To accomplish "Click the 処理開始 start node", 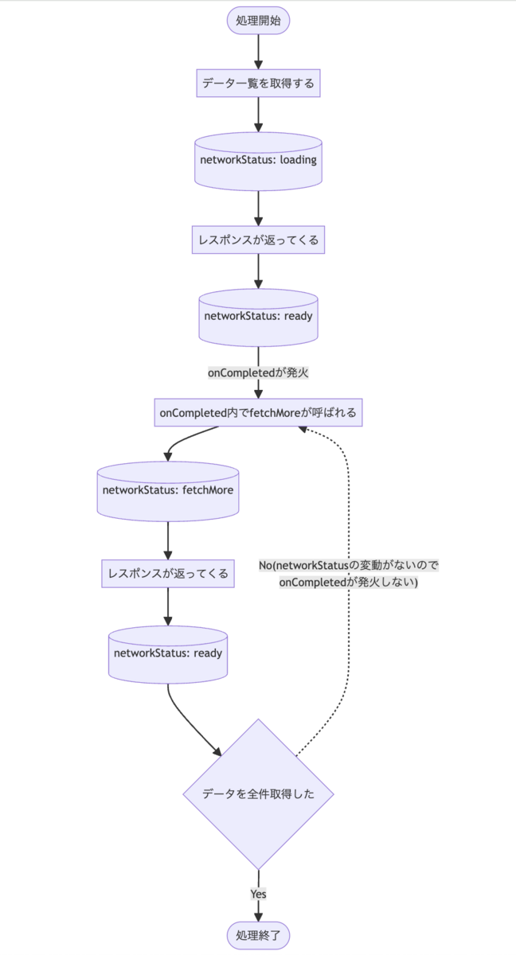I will tap(258, 20).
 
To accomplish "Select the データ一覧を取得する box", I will tap(258, 83).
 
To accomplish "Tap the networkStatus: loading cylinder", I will tap(258, 160).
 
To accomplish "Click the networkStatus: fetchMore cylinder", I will tap(168, 490).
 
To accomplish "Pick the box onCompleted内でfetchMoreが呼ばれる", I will tap(258, 413).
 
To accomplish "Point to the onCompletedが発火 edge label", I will tap(258, 372).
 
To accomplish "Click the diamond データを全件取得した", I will tap(258, 793).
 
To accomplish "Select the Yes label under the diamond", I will tap(258, 894).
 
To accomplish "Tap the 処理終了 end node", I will tap(258, 934).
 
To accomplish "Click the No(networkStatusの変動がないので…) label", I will tap(349, 574).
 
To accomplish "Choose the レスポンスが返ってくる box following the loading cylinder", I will tap(258, 239).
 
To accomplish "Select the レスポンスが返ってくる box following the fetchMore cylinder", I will tap(168, 573).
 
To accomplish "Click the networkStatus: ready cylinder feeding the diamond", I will tap(168, 653).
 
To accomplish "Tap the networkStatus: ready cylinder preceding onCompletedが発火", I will tap(258, 315).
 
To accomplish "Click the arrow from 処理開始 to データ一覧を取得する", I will tap(258, 52).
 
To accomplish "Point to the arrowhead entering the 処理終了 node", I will tap(258, 916).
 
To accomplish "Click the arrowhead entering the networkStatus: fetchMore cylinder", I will tap(168, 456).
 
